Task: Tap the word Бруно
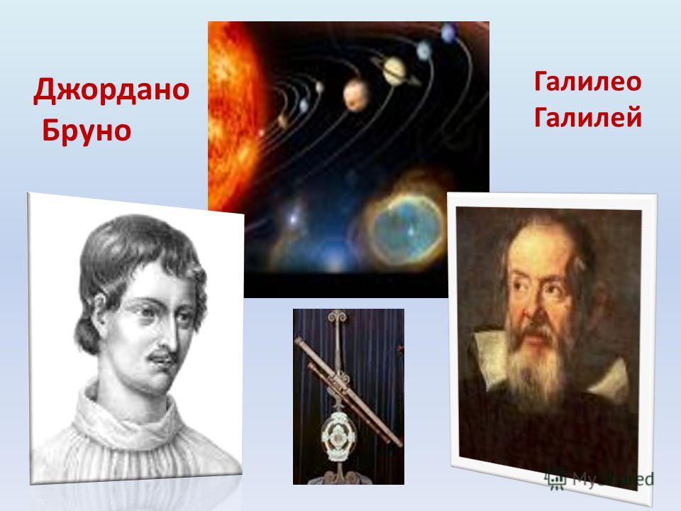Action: tap(87, 130)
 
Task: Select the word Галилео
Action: tap(587, 82)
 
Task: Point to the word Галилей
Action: tap(587, 117)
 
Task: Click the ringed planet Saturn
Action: tap(394, 71)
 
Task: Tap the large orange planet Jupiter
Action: tap(355, 94)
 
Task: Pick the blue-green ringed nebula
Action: tap(405, 228)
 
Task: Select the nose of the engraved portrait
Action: tap(170, 334)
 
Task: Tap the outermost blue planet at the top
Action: tap(448, 32)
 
